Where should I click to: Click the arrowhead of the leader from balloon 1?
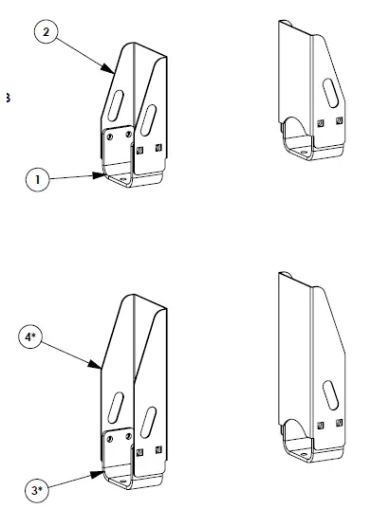(104, 174)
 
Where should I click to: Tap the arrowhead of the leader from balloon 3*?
(102, 470)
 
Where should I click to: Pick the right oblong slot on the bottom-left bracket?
(149, 418)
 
